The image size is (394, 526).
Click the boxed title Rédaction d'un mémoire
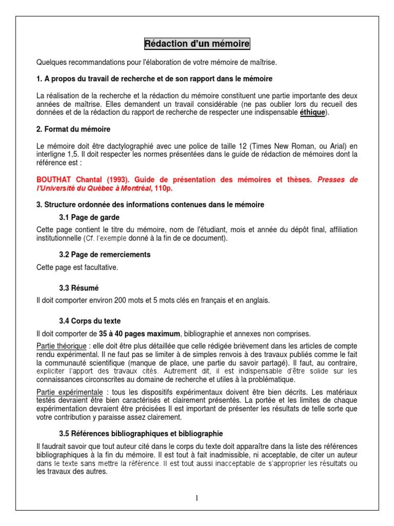pyautogui.click(x=197, y=44)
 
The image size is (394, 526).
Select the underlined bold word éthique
pyautogui.click(x=312, y=112)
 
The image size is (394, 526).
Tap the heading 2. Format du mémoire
pyautogui.click(x=73, y=129)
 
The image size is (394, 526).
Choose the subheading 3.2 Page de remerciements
pyautogui.click(x=105, y=255)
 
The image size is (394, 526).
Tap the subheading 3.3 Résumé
pyautogui.click(x=79, y=288)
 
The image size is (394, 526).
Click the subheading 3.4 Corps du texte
pyautogui.click(x=90, y=321)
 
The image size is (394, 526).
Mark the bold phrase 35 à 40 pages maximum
pyautogui.click(x=140, y=333)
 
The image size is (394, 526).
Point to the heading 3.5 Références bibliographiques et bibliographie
pyautogui.click(x=141, y=434)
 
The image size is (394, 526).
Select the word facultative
pyautogui.click(x=101, y=267)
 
